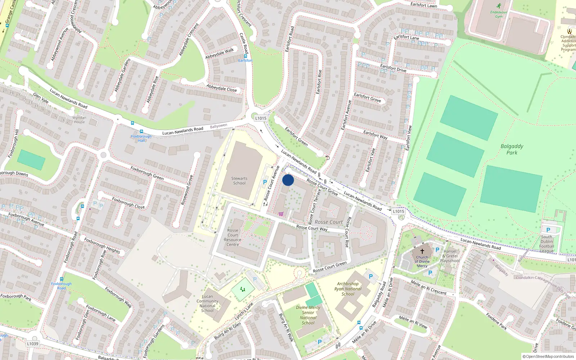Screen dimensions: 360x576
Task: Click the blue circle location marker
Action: pyautogui.click(x=288, y=180)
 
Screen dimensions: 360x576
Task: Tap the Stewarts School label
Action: pyautogui.click(x=239, y=181)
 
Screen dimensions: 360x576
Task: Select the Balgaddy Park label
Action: pyautogui.click(x=512, y=149)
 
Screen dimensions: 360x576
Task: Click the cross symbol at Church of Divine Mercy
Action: pyautogui.click(x=422, y=251)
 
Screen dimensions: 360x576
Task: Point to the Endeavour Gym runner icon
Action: pyautogui.click(x=499, y=6)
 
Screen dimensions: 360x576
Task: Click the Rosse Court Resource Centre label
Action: pyautogui.click(x=233, y=238)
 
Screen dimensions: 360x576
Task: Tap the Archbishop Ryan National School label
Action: pyautogui.click(x=348, y=289)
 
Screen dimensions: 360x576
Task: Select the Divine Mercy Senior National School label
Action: pyautogui.click(x=308, y=315)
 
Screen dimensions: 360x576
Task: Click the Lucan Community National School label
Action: pyautogui.click(x=207, y=303)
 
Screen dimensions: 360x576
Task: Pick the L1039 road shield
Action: pyautogui.click(x=32, y=344)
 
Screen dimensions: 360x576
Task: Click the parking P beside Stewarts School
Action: pyautogui.click(x=265, y=182)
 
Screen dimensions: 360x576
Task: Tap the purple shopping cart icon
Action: pyautogui.click(x=281, y=214)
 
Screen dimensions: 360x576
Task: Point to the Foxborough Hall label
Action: pyautogui.click(x=141, y=138)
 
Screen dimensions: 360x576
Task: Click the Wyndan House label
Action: pyautogui.click(x=79, y=120)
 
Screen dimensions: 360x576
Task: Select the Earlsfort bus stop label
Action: pyautogui.click(x=245, y=60)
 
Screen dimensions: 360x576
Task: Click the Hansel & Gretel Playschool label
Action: pyautogui.click(x=450, y=256)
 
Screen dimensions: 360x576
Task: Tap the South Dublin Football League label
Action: pyautogui.click(x=546, y=244)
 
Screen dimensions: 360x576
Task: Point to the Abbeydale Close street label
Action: pyautogui.click(x=222, y=88)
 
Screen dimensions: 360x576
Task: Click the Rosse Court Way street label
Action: pyautogui.click(x=312, y=228)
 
